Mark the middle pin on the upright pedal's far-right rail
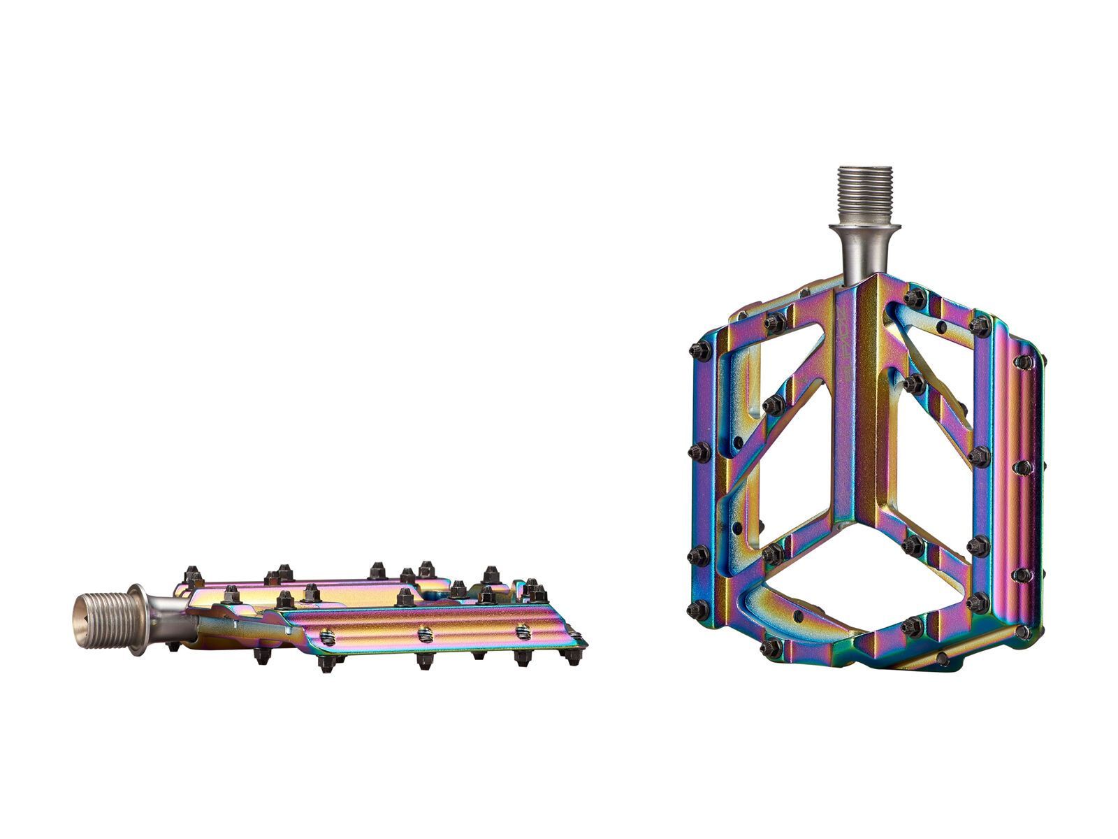1023,466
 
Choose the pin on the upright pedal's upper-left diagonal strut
774,404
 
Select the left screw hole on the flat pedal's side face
327,636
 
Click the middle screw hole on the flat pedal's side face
425,634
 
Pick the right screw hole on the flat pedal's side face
523,633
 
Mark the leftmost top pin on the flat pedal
192,575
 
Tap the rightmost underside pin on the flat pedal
573,657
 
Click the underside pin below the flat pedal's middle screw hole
424,661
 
